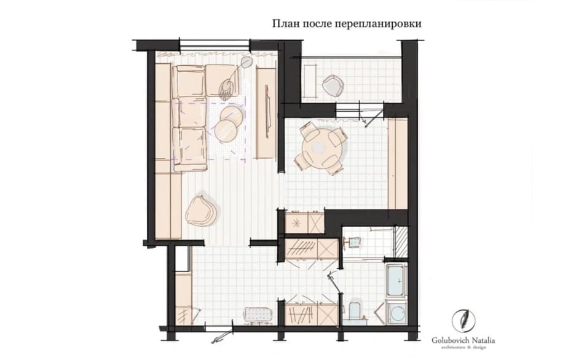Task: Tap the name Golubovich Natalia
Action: coord(463,340)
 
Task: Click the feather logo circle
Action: coord(464,321)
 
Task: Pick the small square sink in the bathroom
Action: coord(354,243)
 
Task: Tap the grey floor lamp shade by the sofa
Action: coord(246,62)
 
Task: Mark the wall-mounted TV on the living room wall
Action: coord(267,112)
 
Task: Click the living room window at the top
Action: coord(215,44)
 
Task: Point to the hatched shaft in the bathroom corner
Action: coord(401,242)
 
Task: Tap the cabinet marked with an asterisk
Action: coord(297,223)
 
